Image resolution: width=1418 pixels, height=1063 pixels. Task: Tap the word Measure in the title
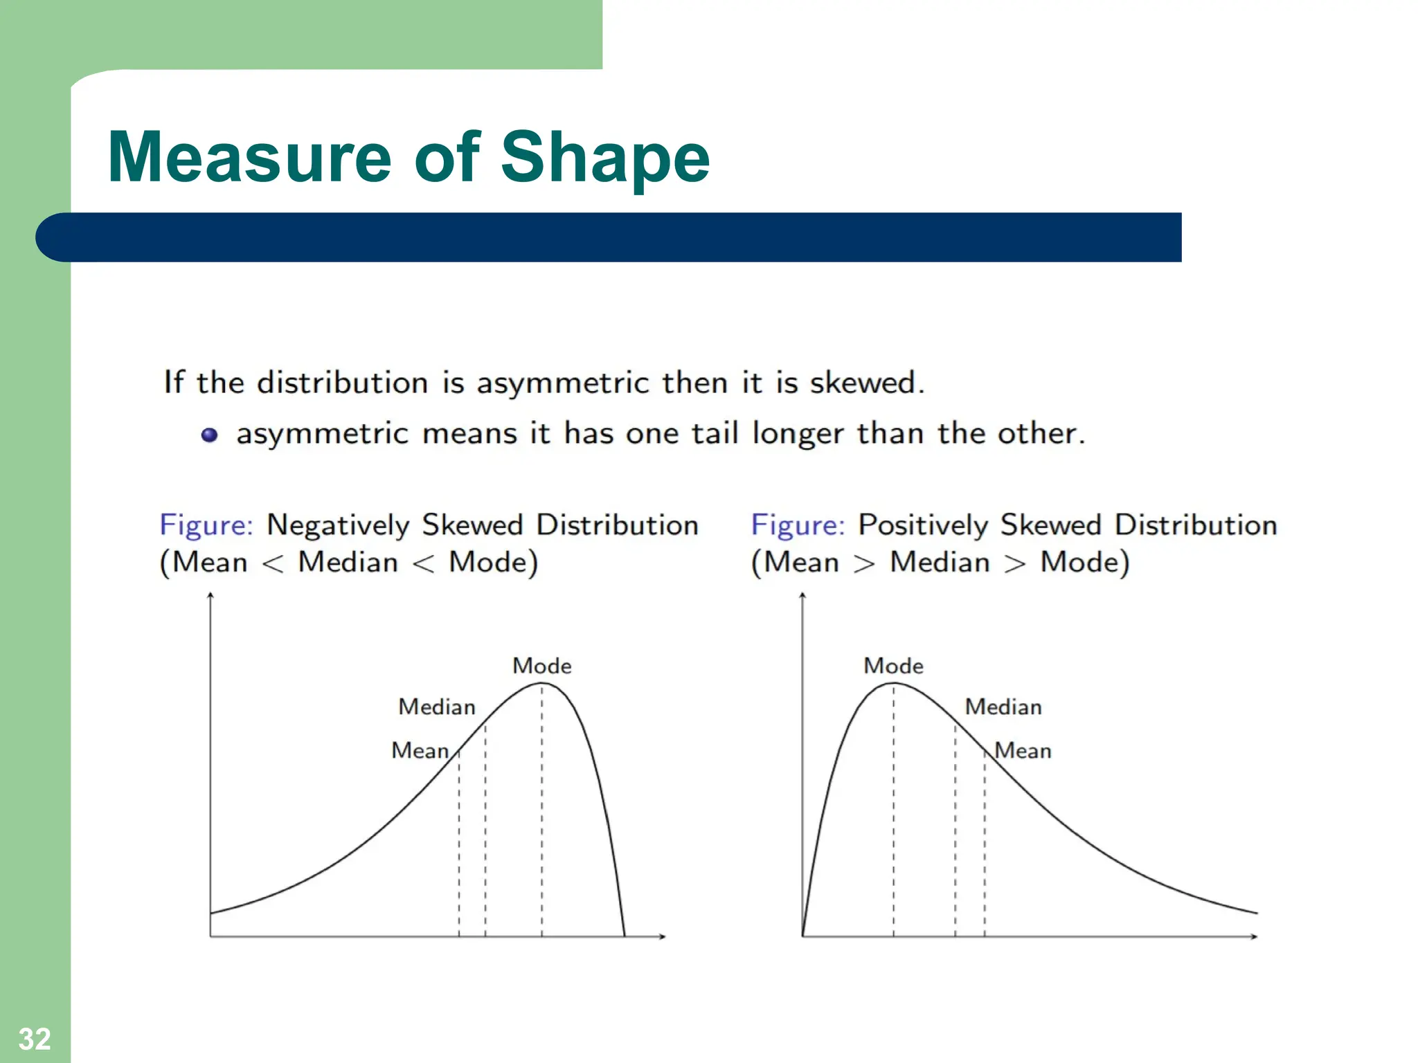coord(249,158)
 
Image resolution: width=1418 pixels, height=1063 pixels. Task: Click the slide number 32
coord(34,1039)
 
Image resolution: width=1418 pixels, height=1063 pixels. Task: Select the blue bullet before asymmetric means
coord(209,435)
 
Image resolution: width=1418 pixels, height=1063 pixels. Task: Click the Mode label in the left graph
coord(541,666)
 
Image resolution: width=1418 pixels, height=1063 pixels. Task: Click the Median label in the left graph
coord(437,707)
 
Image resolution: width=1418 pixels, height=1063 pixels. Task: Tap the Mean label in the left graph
coord(420,750)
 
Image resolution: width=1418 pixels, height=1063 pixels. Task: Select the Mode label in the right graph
coord(893,666)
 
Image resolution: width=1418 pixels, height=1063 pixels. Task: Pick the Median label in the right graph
coord(1003,707)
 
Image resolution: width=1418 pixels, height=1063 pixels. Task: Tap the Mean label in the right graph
coord(1023,750)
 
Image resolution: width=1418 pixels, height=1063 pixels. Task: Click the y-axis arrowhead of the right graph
coord(802,594)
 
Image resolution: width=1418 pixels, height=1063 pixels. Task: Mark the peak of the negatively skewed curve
coord(541,684)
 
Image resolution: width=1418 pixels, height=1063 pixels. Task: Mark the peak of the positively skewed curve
coord(893,684)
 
